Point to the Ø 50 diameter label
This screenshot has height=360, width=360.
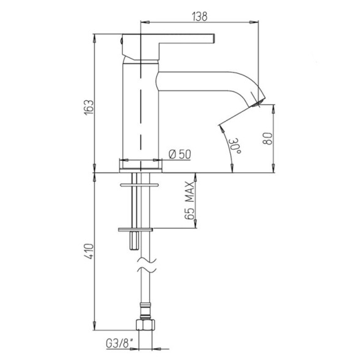pos(179,154)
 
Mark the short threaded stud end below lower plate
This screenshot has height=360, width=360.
pos(133,242)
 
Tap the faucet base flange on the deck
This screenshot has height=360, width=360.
pos(141,165)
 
